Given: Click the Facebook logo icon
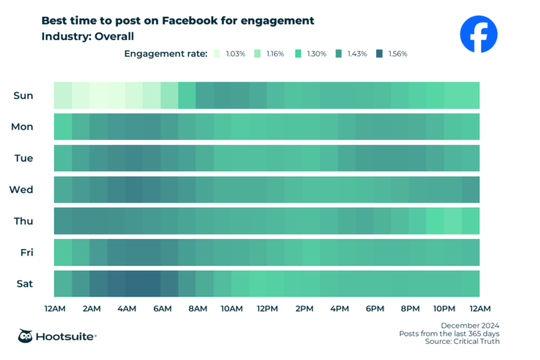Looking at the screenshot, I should coord(478,34).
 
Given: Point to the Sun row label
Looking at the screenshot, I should coord(23,95).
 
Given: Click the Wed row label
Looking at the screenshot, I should coord(21,189).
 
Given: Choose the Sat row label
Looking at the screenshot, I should coord(23,283).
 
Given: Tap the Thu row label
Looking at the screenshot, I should coord(22,221).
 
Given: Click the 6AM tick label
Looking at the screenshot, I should coord(162,309).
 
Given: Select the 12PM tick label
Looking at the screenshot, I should coord(267,309).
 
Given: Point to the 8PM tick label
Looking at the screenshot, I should coord(409,309).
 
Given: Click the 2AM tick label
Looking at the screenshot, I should coord(90,309).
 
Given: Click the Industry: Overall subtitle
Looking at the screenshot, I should coord(87,36).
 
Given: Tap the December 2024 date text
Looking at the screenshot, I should coord(470,325).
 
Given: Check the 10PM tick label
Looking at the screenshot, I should coord(444,309).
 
